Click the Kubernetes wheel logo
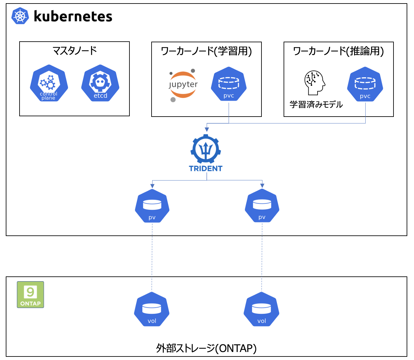(20, 16)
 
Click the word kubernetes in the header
(73, 16)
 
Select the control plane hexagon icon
(49, 83)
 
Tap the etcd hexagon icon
(100, 83)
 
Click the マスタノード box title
(74, 51)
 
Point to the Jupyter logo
(183, 85)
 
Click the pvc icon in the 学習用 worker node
(229, 84)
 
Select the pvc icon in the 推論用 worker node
(365, 84)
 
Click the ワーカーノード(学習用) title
(206, 51)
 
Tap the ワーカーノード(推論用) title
(338, 51)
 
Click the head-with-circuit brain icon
(314, 83)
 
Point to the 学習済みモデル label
(316, 105)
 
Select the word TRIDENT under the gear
(206, 168)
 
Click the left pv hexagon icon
(152, 206)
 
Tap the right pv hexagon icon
(262, 206)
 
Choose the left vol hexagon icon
(152, 310)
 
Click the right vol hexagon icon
(261, 310)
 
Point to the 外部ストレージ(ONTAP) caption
(206, 348)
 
